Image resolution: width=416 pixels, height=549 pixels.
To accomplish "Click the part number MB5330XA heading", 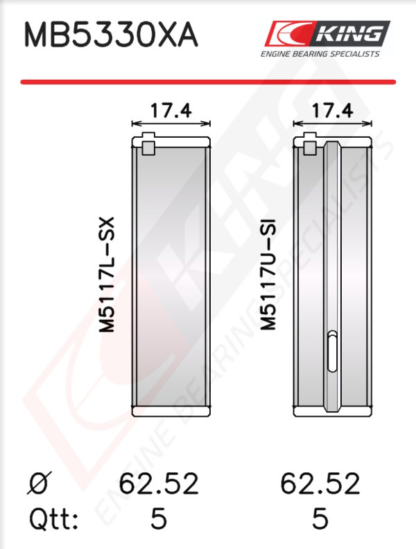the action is point(111,35).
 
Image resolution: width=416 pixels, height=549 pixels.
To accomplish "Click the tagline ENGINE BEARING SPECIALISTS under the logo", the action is point(320,54).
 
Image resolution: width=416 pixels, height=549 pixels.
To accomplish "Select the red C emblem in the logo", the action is point(288,33).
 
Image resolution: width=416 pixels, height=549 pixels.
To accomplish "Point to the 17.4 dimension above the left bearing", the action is point(171,110).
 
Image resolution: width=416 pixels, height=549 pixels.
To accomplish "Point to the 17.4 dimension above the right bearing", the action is point(332,110).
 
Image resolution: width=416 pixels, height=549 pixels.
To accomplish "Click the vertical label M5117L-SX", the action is point(107,274).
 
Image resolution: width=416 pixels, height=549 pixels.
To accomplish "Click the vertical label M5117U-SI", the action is point(268,274).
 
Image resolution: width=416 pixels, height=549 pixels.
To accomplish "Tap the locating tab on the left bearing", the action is point(148,143).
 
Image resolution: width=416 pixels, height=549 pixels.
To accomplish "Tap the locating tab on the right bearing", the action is point(310,143).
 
